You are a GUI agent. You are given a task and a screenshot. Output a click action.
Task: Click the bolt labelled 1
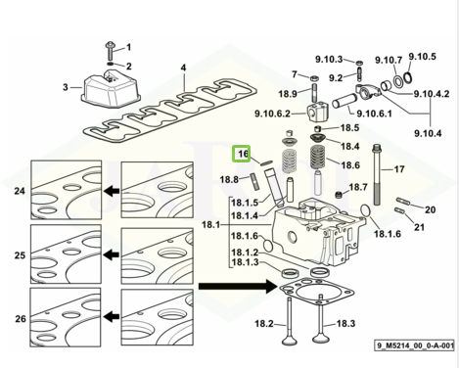[x=110, y=50]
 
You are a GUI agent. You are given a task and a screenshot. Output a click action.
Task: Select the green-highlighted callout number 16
[x=241, y=154]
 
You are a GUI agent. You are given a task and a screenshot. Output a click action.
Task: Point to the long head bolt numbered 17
[x=376, y=175]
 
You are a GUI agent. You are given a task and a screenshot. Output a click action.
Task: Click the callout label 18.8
[x=229, y=179]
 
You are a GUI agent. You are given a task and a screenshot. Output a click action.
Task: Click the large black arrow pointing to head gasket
[x=238, y=286]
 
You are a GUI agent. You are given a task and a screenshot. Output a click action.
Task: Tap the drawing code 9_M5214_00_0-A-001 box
[x=414, y=345]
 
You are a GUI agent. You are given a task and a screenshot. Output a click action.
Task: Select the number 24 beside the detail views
[x=20, y=191]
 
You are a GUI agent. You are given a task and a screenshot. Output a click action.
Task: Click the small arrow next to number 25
[x=112, y=254]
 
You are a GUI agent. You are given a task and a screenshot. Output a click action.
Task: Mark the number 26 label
[x=21, y=319]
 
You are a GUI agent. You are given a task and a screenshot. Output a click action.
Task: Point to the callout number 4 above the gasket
[x=184, y=68]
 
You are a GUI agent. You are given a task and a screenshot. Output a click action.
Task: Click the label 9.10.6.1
[x=374, y=114]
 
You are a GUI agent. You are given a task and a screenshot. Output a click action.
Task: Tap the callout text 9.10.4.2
[x=432, y=94]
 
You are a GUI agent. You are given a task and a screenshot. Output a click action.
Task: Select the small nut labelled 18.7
[x=340, y=195]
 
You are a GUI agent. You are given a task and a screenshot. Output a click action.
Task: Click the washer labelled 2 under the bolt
[x=110, y=63]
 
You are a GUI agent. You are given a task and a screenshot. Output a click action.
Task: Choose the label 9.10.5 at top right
[x=423, y=57]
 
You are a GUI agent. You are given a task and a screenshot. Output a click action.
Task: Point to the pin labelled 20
[x=403, y=202]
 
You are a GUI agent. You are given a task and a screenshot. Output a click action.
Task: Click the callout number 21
[x=419, y=226]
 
